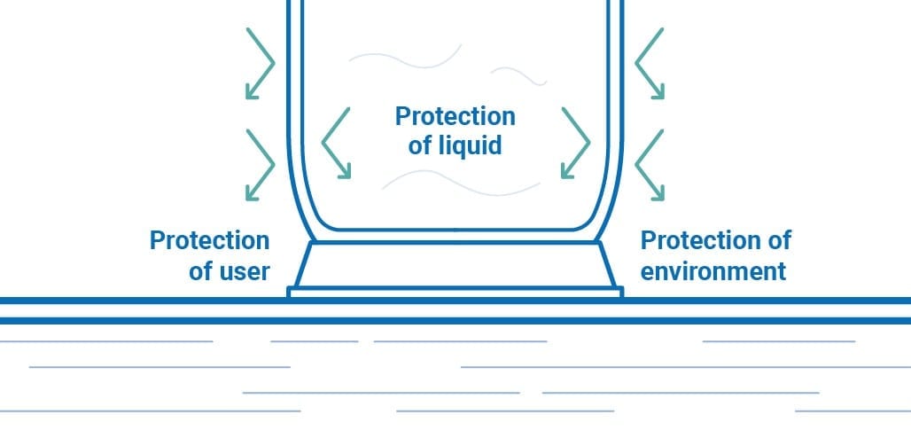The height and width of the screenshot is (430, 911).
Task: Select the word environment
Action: (713, 271)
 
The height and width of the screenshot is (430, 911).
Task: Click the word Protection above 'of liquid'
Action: (455, 116)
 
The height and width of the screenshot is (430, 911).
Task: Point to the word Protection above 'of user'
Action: (210, 240)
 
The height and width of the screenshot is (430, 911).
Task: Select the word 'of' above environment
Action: (779, 240)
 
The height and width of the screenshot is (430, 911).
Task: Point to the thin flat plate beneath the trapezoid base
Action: (455, 293)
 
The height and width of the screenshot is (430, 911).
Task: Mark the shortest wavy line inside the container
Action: (518, 76)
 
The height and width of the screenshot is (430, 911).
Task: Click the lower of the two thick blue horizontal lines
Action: (455, 321)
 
